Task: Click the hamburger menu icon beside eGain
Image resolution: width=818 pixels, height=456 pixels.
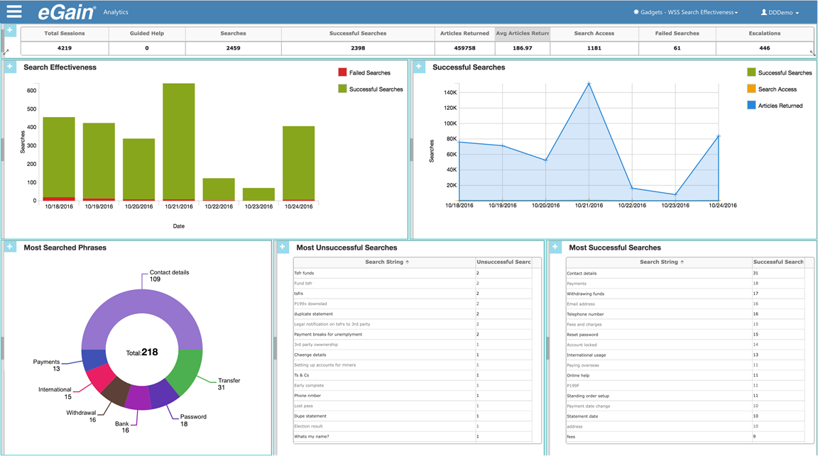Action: [14, 11]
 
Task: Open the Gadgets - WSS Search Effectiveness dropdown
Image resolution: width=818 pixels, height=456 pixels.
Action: [685, 13]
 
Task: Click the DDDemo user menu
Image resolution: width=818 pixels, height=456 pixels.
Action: [780, 13]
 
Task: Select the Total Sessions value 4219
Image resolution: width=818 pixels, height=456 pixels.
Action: [64, 48]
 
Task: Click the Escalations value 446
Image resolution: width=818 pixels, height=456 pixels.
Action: [764, 48]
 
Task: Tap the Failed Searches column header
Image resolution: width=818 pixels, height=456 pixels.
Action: [677, 33]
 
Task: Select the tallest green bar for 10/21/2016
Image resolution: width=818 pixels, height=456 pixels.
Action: [178, 142]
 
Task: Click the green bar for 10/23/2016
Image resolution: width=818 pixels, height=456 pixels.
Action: [258, 194]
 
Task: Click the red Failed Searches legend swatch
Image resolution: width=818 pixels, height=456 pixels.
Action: [342, 72]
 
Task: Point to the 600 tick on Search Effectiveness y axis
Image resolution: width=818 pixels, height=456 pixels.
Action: [31, 91]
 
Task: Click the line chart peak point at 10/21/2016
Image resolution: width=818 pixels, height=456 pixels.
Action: [589, 84]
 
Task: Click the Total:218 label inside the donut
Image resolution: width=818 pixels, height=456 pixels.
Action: [142, 352]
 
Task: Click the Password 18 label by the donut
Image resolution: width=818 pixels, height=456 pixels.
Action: [193, 421]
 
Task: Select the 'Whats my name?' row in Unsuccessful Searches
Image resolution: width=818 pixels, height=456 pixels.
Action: [312, 437]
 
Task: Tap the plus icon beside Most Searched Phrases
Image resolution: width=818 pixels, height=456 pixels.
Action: [10, 247]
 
